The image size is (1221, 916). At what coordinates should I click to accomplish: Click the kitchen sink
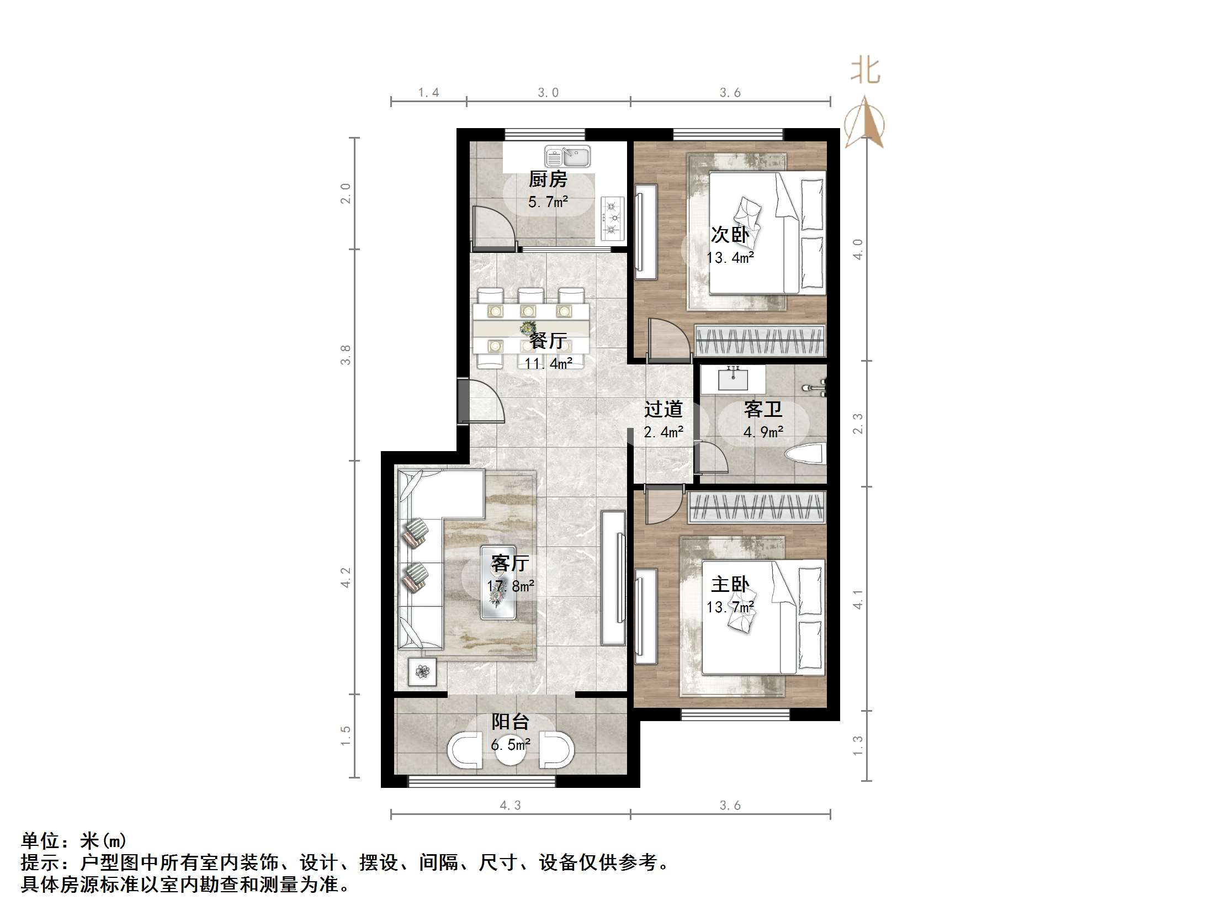(x=567, y=156)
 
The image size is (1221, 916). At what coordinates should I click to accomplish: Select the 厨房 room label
(x=548, y=179)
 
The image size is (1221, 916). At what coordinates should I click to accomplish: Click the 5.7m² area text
(x=548, y=202)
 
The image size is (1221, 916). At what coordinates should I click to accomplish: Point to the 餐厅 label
(x=548, y=341)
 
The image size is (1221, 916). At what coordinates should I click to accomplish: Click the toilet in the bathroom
(x=805, y=454)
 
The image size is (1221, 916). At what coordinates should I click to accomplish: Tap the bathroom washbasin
(x=733, y=379)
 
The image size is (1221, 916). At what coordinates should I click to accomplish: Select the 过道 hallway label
(x=663, y=409)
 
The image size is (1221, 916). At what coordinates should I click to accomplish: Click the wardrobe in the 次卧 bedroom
(x=760, y=341)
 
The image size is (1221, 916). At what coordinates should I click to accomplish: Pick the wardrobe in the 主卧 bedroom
(x=756, y=507)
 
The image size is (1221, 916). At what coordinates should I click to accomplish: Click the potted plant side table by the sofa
(x=422, y=671)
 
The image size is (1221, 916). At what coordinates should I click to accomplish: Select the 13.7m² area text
(x=730, y=607)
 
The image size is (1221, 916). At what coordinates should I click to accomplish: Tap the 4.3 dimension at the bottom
(x=510, y=806)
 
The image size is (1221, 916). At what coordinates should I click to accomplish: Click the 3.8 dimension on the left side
(x=346, y=354)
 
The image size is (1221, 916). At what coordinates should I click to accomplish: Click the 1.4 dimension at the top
(x=428, y=93)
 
